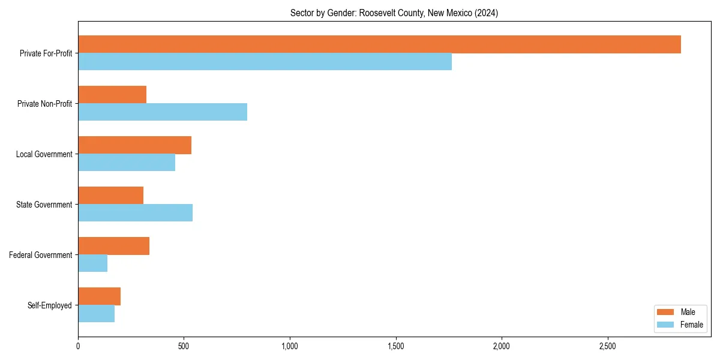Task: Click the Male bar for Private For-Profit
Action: click(379, 44)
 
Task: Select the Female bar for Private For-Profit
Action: click(265, 62)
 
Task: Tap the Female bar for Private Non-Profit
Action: click(163, 112)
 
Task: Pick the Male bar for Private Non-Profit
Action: click(112, 95)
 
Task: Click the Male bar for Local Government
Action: click(134, 145)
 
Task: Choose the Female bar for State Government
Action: click(135, 213)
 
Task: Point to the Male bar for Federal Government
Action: click(113, 246)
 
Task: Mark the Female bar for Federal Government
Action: click(92, 263)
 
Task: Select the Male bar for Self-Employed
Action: click(99, 296)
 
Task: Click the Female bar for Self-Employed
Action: click(96, 314)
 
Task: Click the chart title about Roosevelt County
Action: click(394, 13)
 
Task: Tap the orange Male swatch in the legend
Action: click(666, 312)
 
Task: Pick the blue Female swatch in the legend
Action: click(666, 325)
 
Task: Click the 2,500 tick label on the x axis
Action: click(607, 346)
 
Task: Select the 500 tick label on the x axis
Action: click(184, 346)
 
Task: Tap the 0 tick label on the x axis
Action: click(78, 346)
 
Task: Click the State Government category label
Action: click(44, 205)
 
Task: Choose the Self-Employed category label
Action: click(50, 305)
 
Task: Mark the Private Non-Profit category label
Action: click(44, 104)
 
